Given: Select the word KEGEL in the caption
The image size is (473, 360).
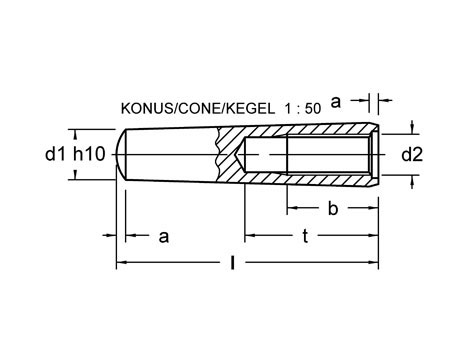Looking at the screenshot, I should pos(243,106).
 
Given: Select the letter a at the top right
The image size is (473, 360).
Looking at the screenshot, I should pos(337,100).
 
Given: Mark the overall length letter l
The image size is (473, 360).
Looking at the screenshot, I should pos(233,263).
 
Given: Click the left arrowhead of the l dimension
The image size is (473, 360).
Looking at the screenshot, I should pos(123,263).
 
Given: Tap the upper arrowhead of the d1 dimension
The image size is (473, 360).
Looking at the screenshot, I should pos(77,132).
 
